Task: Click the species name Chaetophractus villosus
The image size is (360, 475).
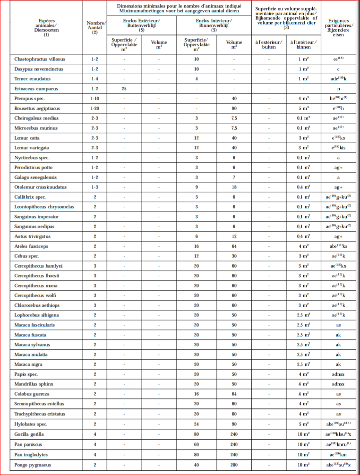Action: point(40,59)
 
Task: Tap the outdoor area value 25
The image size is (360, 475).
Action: point(124,89)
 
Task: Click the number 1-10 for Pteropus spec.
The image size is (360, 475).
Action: point(94,99)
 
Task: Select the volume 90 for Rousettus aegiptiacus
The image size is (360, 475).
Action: point(234,109)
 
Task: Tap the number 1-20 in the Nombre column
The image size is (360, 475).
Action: point(94,109)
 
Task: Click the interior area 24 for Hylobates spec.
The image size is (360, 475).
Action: point(196,424)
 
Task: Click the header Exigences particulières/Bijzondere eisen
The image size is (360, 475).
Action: point(338,27)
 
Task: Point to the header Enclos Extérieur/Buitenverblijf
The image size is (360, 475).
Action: point(141,24)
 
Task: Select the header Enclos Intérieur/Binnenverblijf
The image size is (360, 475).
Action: point(214,24)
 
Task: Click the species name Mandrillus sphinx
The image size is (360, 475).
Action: point(36,384)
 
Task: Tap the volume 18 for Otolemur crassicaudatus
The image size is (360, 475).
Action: point(234,187)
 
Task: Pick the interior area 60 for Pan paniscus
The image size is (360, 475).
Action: point(196,444)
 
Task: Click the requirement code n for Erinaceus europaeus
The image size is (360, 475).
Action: point(338,89)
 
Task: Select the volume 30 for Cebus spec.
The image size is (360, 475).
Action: point(234,256)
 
